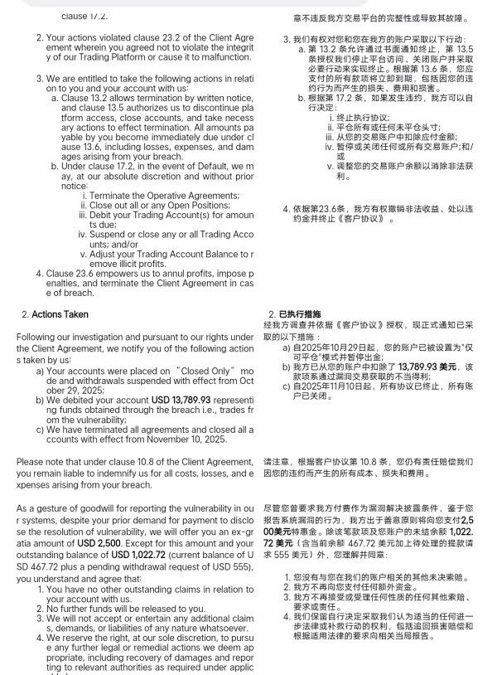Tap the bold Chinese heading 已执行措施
click(300, 314)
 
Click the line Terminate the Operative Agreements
click(165, 195)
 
